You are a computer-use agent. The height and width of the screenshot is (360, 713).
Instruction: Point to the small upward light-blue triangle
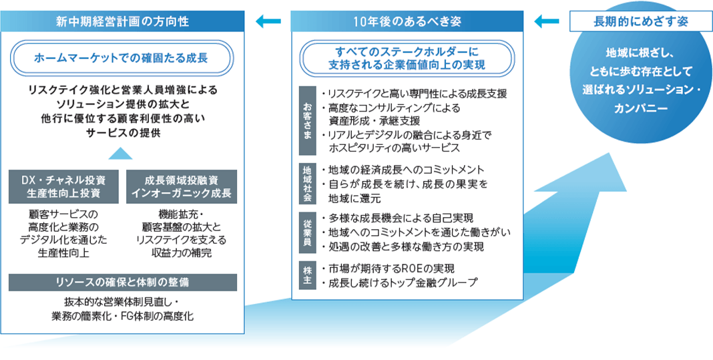(x=121, y=154)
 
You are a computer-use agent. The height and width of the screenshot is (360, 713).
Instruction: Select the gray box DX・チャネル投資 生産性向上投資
(x=65, y=187)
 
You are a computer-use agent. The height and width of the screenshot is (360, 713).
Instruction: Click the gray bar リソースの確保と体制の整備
(x=123, y=282)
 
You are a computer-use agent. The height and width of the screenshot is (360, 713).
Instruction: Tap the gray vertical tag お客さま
(x=307, y=120)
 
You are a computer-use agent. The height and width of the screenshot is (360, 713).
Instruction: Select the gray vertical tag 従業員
(x=307, y=232)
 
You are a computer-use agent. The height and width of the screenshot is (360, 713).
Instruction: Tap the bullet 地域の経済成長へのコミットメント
(x=407, y=169)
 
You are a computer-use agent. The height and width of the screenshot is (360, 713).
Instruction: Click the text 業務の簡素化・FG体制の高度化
(x=123, y=315)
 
